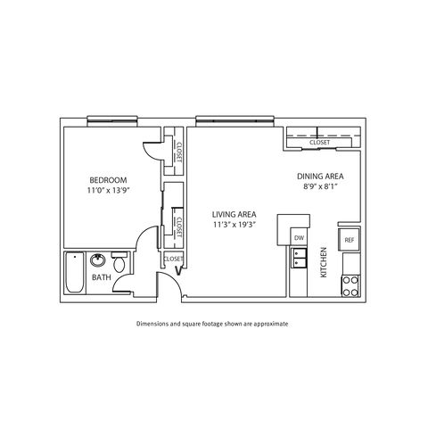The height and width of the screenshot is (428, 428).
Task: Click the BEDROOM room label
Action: pyautogui.click(x=108, y=180)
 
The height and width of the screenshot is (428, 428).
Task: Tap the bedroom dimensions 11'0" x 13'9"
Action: pyautogui.click(x=109, y=191)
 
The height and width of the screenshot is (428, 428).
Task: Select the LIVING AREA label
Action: pyautogui.click(x=235, y=214)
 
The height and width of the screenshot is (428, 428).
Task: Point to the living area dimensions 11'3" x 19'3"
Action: pyautogui.click(x=235, y=225)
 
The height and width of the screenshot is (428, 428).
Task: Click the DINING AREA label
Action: pyautogui.click(x=320, y=177)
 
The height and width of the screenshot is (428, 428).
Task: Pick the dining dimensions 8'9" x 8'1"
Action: pyautogui.click(x=320, y=187)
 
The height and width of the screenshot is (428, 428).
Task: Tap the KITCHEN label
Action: pyautogui.click(x=324, y=262)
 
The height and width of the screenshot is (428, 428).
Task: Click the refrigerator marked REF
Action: pyautogui.click(x=350, y=240)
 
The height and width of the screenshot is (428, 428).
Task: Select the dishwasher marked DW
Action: pyautogui.click(x=299, y=238)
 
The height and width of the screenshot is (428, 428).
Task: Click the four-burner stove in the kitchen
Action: pyautogui.click(x=350, y=286)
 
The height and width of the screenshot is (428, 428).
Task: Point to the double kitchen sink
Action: pyautogui.click(x=299, y=258)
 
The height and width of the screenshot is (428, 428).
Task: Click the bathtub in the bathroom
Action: pyautogui.click(x=75, y=273)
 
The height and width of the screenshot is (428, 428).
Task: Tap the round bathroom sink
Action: pyautogui.click(x=98, y=260)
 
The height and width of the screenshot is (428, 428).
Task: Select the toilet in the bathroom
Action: pyautogui.click(x=119, y=262)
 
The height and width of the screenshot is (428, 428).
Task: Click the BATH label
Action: pyautogui.click(x=102, y=277)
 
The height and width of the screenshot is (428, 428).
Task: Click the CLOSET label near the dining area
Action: pyautogui.click(x=319, y=143)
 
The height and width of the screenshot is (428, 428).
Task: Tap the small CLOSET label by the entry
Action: pyautogui.click(x=173, y=259)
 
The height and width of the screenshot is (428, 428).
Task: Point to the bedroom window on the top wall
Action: pyautogui.click(x=112, y=121)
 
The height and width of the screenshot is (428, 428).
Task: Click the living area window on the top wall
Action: pyautogui.click(x=235, y=121)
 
